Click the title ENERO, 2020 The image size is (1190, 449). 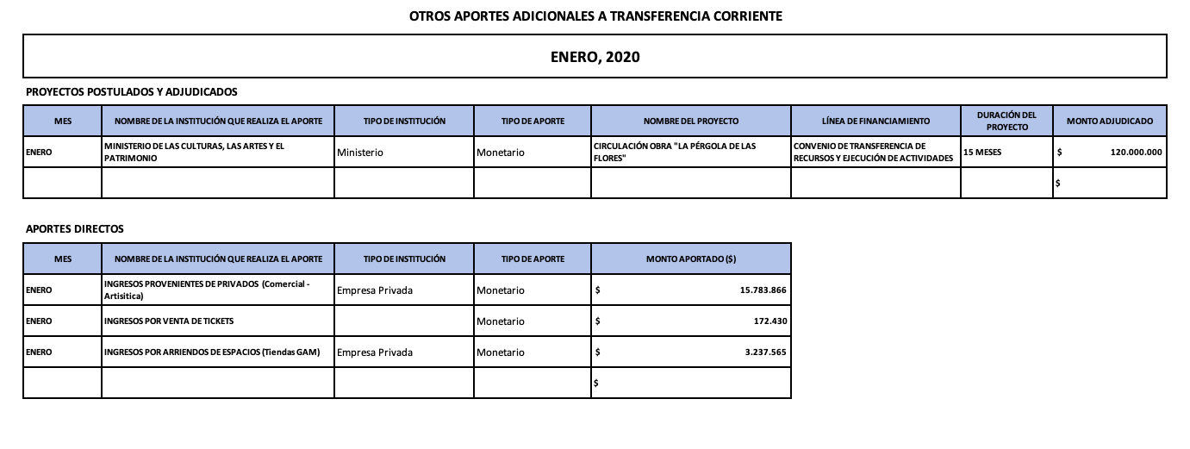point(595,57)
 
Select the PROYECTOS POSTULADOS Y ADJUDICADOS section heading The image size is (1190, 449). point(132,91)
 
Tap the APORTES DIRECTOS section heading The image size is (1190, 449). point(75,229)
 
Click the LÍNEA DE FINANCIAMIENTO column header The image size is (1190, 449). point(875,122)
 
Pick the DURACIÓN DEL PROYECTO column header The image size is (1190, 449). point(1006,121)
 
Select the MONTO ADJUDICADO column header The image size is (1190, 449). point(1109,122)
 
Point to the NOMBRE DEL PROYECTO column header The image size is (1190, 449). point(690,122)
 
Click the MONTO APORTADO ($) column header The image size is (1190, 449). point(690,259)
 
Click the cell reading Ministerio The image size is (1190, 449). point(359,153)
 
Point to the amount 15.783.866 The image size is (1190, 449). point(763,290)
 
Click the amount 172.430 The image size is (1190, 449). point(770,321)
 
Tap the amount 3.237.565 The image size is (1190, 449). point(765,352)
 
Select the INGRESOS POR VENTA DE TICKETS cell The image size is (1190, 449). point(169,321)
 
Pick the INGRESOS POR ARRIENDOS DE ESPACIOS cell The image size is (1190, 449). point(217,352)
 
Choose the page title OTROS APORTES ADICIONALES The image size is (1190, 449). point(595,16)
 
